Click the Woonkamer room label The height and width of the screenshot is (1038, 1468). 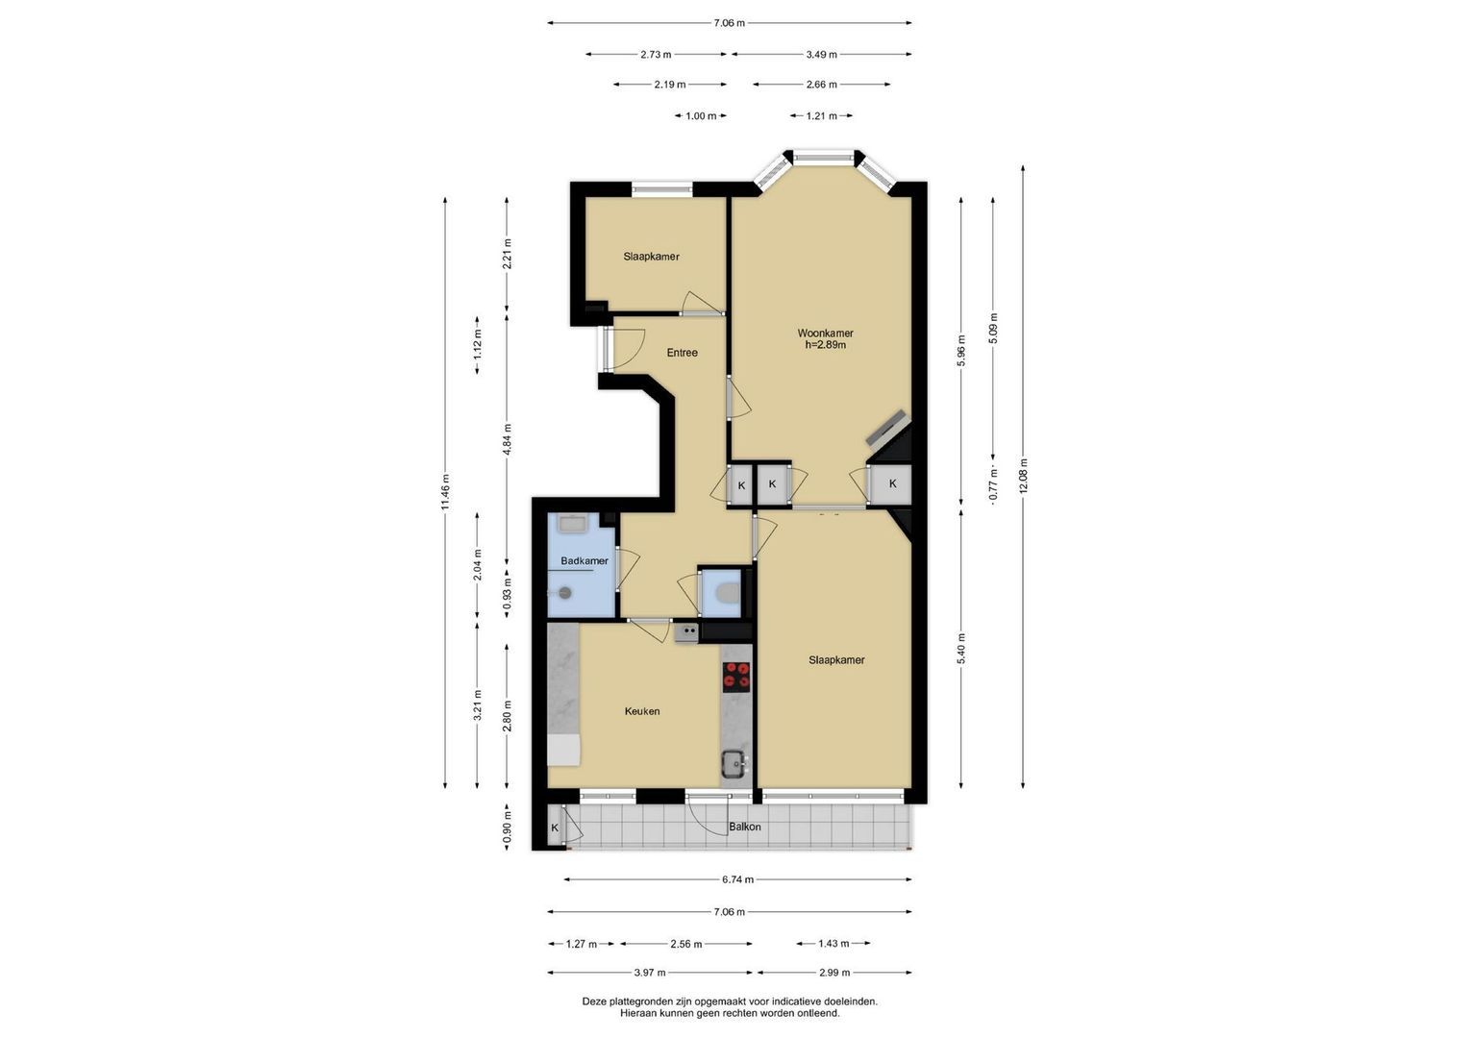point(825,333)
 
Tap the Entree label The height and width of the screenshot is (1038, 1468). point(683,353)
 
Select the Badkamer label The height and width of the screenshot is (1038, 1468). point(585,561)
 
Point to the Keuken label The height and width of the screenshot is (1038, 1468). point(642,711)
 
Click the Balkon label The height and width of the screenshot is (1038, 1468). point(745,827)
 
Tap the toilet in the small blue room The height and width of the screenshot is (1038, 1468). point(726,592)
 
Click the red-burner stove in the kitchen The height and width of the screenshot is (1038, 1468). point(736,677)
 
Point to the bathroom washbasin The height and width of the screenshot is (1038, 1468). point(573,524)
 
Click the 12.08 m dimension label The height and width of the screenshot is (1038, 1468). point(1023,476)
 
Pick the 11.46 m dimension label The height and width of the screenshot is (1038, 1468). point(445,491)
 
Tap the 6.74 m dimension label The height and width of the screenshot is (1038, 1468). point(738,879)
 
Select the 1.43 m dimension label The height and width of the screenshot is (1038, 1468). point(834,944)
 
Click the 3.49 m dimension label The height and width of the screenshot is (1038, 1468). point(822,55)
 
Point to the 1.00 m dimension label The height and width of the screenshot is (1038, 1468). point(701,116)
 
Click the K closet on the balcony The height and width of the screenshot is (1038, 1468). point(555,828)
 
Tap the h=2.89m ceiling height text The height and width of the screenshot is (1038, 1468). point(825,345)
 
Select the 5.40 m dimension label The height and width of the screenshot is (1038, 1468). point(961,649)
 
